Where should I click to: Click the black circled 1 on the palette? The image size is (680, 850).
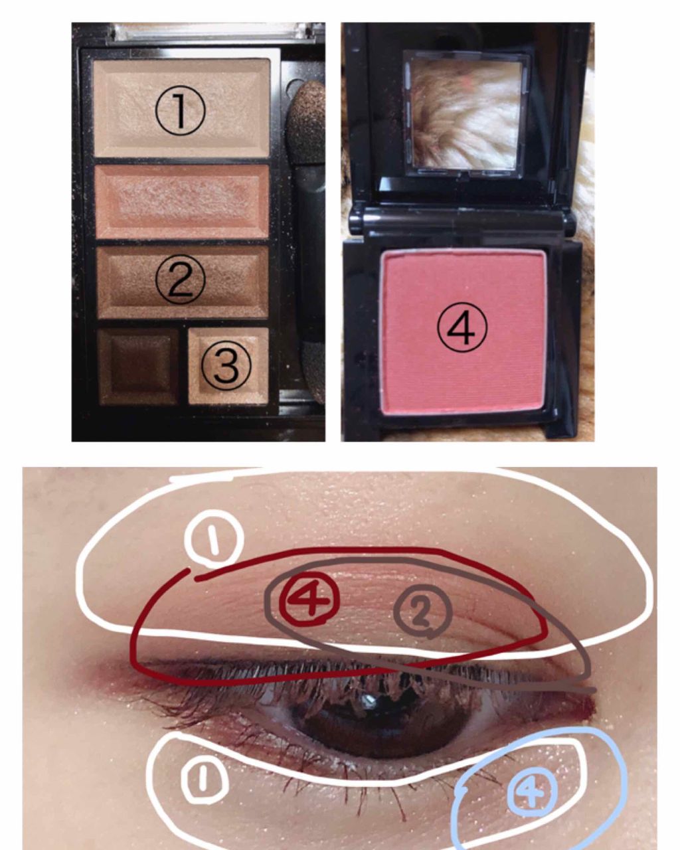(181, 108)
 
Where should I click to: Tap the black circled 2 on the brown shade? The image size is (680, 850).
(180, 279)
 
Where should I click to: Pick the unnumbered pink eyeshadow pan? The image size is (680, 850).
(182, 201)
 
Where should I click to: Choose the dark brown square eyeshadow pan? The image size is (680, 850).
(138, 366)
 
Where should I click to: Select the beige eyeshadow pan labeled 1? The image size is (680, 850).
(181, 107)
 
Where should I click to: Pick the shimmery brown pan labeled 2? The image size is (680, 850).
(182, 281)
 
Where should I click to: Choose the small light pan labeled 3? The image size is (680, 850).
(228, 366)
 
